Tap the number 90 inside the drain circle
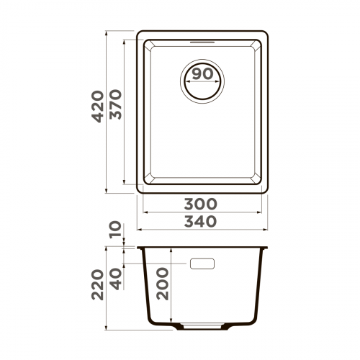point(204,74)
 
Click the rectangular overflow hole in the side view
point(204,264)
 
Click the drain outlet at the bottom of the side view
point(204,325)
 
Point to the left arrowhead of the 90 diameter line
point(188,81)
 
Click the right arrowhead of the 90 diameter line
point(222,81)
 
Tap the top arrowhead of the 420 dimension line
point(107,33)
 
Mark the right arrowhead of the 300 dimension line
point(261,212)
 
